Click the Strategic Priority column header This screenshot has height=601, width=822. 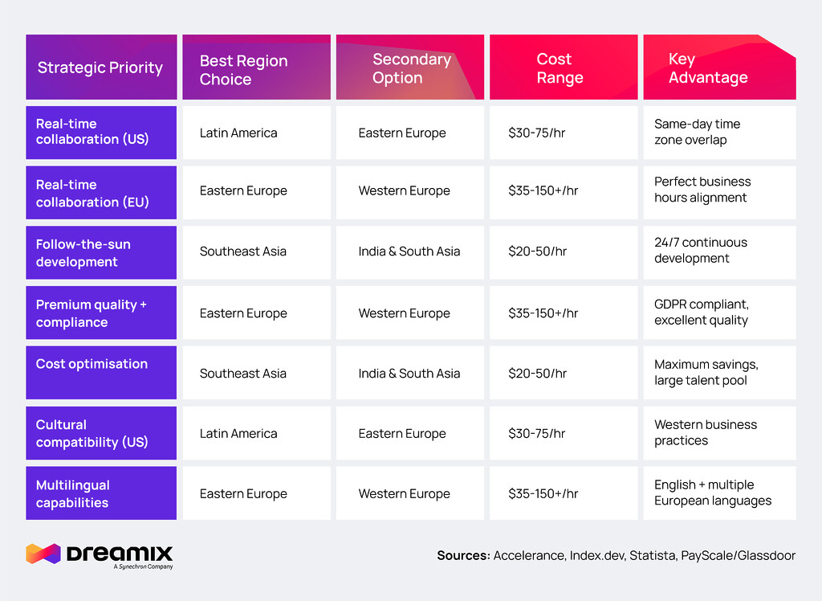point(100,67)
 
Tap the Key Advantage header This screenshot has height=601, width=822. point(708,68)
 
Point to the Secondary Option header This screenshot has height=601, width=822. point(411,68)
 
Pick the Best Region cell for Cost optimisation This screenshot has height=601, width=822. point(242,373)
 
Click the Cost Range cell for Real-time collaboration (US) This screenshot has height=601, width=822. point(536,133)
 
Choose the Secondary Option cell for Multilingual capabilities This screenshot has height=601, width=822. point(404,493)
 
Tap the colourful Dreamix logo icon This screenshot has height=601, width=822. point(43,554)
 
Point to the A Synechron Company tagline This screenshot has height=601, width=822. point(144,567)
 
